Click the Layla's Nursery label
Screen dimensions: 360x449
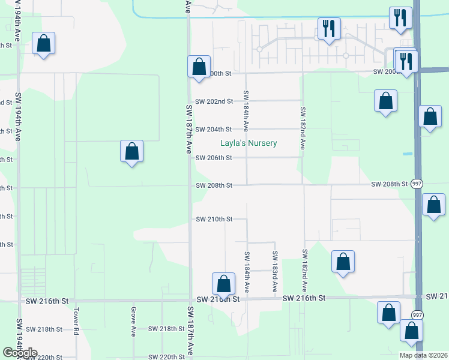[248, 143]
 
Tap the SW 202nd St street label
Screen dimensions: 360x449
[214, 101]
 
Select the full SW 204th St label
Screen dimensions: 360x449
[214, 130]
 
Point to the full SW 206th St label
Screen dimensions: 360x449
[214, 158]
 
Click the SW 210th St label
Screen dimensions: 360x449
[214, 220]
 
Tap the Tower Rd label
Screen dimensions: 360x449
[76, 321]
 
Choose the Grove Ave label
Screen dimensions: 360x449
[133, 322]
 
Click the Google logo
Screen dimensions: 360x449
[19, 353]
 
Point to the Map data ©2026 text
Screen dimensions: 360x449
[423, 355]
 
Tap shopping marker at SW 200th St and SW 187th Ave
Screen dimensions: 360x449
[199, 67]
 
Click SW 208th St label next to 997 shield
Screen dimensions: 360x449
[390, 184]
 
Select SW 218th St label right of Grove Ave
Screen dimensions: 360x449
[166, 329]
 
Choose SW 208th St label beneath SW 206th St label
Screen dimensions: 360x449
[214, 185]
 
